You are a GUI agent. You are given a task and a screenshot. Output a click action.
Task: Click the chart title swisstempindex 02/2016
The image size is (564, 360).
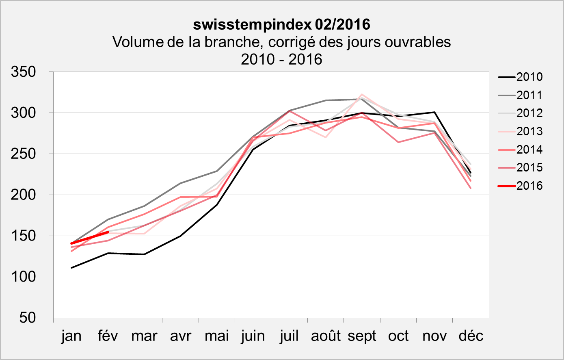[x=281, y=24]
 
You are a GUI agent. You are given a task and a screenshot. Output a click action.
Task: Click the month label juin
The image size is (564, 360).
[x=253, y=336]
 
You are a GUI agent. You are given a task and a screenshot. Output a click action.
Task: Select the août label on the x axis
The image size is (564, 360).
[x=326, y=336]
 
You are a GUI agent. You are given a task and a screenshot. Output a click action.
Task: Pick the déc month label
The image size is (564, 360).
[x=471, y=336]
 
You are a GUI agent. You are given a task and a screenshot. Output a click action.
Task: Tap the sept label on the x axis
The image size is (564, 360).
[x=362, y=336]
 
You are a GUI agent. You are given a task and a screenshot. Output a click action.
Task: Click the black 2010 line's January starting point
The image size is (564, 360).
[x=71, y=268]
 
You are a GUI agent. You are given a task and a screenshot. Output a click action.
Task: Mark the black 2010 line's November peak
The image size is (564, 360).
[x=434, y=112]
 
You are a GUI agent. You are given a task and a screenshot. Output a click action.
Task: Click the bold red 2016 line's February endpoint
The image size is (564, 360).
[x=108, y=232]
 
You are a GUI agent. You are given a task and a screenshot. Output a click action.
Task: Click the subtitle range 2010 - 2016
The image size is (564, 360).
[x=281, y=59]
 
